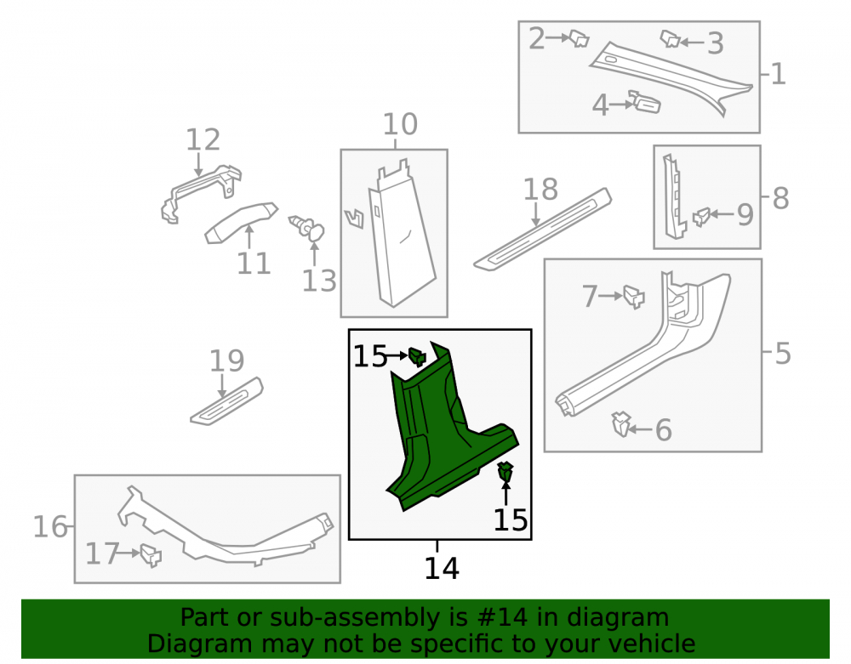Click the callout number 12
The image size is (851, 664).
tap(203, 139)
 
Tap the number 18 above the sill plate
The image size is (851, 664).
tap(540, 190)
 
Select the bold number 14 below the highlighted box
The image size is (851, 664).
tap(442, 568)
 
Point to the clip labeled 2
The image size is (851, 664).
tap(579, 38)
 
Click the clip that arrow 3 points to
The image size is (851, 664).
tap(670, 38)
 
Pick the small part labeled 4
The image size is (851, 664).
tap(645, 102)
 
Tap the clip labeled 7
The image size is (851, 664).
tap(633, 297)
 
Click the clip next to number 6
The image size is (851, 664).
tap(621, 424)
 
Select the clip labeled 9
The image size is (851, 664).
tap(702, 217)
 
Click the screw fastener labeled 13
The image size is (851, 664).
tap(307, 228)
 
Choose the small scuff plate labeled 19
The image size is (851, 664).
tap(227, 401)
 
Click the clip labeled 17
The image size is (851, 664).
tap(151, 555)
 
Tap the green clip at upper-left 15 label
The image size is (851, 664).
tap(417, 357)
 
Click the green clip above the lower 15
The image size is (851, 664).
tap(505, 472)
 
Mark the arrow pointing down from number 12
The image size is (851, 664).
tap(198, 164)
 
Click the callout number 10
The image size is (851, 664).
tap(400, 124)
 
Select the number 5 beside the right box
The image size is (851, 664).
tap(783, 354)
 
